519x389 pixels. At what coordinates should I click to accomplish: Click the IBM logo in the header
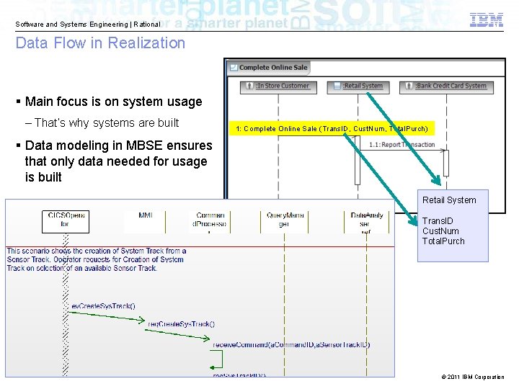pos(487,19)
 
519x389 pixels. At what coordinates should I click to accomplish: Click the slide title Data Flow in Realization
pos(100,43)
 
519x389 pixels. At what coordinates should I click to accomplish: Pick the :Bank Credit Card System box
pos(445,86)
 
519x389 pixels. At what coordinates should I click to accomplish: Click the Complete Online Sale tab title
pos(268,68)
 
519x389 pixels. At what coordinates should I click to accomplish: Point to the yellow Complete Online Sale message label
pos(332,129)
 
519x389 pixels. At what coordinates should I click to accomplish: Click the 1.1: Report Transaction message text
pos(402,145)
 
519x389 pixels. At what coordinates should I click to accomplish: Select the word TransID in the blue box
pos(438,221)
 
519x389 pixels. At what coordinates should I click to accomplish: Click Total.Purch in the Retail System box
pos(443,241)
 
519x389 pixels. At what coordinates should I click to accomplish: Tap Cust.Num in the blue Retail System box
pos(440,231)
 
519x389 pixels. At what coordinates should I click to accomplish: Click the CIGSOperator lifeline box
pos(66,220)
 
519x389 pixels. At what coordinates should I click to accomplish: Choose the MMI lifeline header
pos(146,215)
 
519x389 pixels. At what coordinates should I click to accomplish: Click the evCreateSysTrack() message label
pos(103,306)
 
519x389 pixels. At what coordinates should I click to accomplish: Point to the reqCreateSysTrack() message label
pos(181,324)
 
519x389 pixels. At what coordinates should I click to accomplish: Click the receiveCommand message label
pos(290,345)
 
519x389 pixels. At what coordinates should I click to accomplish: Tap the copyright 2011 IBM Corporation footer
pos(472,377)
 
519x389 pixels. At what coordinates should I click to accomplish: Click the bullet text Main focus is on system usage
pos(113,102)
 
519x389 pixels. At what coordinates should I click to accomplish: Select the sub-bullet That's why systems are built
pos(106,123)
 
